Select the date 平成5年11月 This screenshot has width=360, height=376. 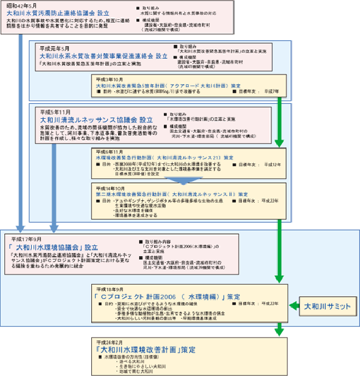(55, 112)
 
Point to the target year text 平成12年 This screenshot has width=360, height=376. (272, 164)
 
